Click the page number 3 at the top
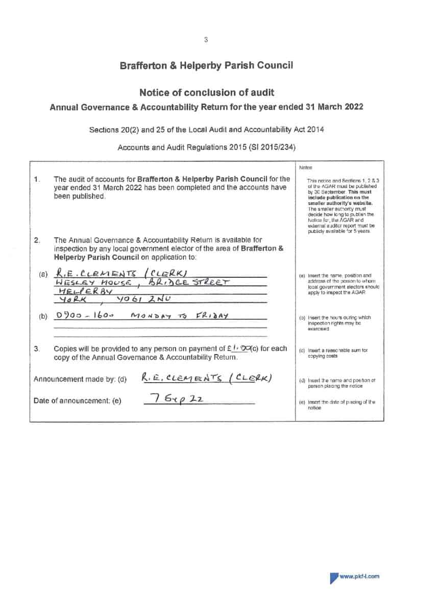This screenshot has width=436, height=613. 206,39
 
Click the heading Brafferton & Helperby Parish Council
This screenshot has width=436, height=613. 206,65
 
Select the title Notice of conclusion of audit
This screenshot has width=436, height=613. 206,92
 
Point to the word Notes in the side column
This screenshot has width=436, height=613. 305,168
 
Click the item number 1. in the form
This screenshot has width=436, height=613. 37,179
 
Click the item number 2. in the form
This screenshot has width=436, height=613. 37,240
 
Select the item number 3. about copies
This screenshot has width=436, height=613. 37,349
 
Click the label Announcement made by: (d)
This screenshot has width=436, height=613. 80,379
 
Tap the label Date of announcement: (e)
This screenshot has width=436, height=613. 77,400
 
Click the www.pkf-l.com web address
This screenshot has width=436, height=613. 359,576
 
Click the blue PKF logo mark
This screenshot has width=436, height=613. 333,577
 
